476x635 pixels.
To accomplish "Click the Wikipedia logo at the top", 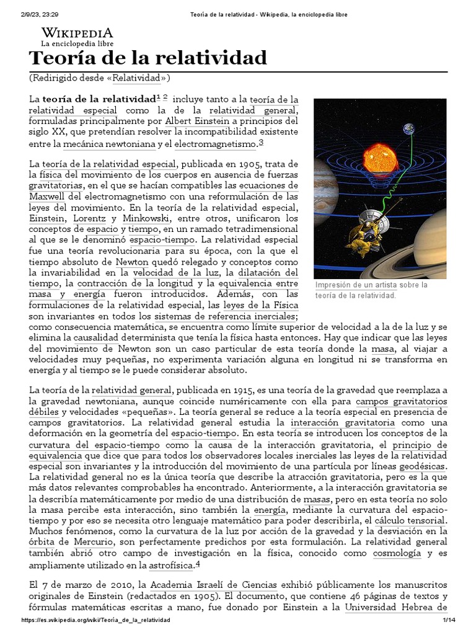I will click(x=77, y=37).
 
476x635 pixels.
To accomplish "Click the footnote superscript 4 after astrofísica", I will click(x=198, y=564).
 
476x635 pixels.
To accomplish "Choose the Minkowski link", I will click(x=144, y=219).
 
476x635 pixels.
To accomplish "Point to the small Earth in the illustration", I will click(x=409, y=129).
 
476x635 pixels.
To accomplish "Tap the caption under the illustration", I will click(x=371, y=290).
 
